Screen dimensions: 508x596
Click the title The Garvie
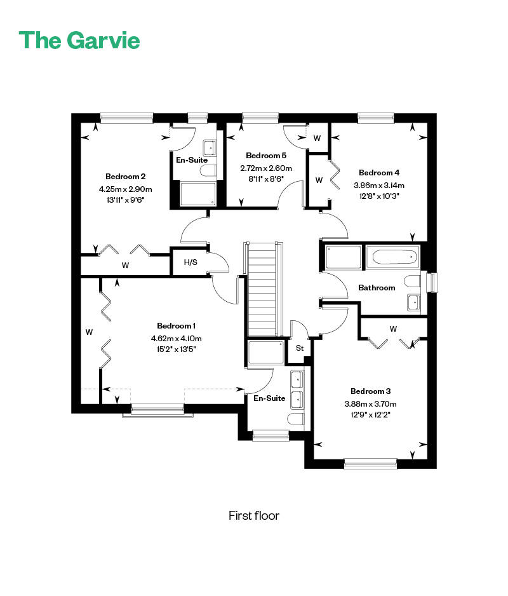pos(79,40)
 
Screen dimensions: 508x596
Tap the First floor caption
pos(254,515)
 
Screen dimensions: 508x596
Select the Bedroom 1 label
pos(177,326)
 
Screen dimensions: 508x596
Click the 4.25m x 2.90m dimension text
pos(125,189)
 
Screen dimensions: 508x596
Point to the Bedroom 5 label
pos(266,156)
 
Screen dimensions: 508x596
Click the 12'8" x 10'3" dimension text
pos(379,196)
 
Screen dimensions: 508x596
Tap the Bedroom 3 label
pos(370,391)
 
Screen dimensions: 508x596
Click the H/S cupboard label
pos(190,262)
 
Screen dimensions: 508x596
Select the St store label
pos(300,348)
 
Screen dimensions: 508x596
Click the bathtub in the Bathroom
pos(392,257)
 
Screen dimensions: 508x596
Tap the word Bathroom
pos(377,288)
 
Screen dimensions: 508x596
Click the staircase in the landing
pos(262,289)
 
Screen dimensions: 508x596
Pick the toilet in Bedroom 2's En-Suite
pos(208,171)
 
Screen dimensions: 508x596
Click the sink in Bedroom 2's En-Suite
pos(210,148)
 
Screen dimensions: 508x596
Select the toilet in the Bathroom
pos(412,281)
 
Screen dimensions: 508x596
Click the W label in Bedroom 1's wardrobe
pos(89,332)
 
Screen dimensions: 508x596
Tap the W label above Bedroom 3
pos(393,328)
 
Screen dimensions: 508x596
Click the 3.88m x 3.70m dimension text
pos(370,403)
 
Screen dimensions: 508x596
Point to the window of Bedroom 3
pos(370,464)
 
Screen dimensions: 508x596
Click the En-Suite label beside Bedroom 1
pos(269,398)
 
